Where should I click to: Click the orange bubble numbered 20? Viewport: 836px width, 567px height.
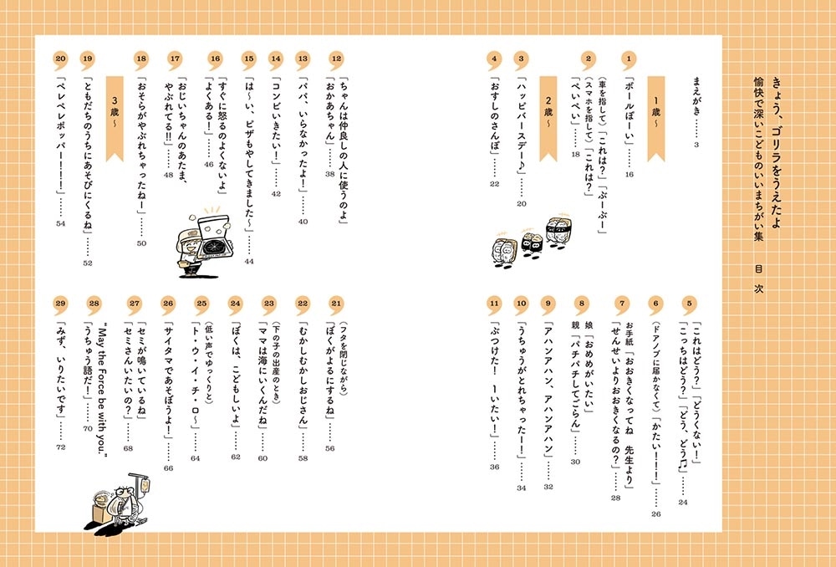[x=61, y=59]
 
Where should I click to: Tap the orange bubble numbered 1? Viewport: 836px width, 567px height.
[x=630, y=59]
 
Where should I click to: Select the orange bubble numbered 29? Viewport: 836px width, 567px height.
[x=61, y=304]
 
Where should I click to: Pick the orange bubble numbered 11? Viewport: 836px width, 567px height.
[x=494, y=304]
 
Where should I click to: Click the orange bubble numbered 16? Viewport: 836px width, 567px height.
[x=215, y=59]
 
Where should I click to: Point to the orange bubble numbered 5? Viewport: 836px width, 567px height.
[x=690, y=304]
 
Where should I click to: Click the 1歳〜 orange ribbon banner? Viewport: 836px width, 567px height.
[x=656, y=118]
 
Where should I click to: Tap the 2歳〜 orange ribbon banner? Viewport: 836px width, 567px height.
[x=548, y=118]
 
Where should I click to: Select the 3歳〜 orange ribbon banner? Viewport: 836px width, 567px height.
[x=115, y=118]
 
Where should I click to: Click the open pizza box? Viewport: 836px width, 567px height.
[x=214, y=238]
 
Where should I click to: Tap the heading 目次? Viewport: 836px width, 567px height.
[x=759, y=278]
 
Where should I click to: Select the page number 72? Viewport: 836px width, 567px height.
[x=61, y=447]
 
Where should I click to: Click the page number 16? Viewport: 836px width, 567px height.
[x=630, y=174]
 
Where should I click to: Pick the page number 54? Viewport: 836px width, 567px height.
[x=61, y=223]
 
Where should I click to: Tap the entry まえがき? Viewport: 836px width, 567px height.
[x=696, y=96]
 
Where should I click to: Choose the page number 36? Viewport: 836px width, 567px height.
[x=494, y=467]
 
